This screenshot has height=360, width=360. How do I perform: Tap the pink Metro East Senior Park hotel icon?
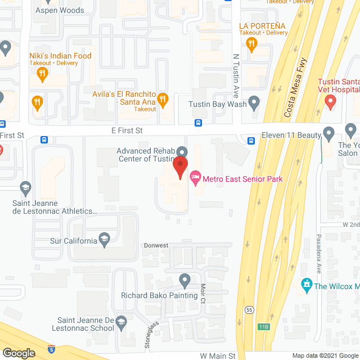coord(195,179)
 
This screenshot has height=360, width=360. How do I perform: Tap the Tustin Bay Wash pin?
coord(254,103)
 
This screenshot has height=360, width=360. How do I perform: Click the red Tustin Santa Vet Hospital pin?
coord(330,102)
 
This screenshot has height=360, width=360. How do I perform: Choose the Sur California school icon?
coord(104,241)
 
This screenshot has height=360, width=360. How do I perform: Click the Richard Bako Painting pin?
coord(185,280)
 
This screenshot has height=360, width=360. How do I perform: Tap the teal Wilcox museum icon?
coord(307,285)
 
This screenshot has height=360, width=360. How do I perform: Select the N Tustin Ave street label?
coord(236,76)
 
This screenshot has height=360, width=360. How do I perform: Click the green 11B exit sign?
coord(264,326)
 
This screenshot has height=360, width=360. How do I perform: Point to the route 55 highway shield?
coord(249,309)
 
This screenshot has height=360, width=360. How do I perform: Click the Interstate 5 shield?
coord(52,348)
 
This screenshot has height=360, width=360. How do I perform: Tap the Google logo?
coord(19,353)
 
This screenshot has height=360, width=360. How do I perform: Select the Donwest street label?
coord(155,246)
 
